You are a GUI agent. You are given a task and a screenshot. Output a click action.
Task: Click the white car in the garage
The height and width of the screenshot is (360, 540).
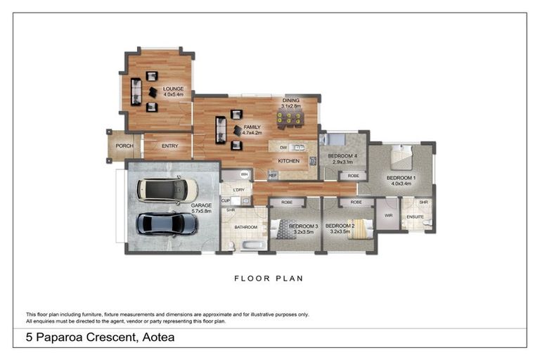pos(167,190)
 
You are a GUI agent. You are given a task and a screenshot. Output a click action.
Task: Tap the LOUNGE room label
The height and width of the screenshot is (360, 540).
pos(173,89)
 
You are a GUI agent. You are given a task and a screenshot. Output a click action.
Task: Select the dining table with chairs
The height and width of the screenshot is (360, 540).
pos(290,119)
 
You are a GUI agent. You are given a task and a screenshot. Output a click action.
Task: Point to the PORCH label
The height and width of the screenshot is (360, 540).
pos(124,146)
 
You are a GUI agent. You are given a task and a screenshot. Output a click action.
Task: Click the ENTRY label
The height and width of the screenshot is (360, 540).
pos(169,146)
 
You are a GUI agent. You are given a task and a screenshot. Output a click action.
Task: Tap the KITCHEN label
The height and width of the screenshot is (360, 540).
pos(288,161)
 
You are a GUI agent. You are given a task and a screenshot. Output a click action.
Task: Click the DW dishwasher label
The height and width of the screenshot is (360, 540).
pos(283,148)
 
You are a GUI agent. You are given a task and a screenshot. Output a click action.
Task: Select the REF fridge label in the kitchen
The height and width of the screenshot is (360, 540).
pos(273,175)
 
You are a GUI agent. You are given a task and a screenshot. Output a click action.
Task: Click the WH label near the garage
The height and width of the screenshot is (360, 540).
pos(244,174)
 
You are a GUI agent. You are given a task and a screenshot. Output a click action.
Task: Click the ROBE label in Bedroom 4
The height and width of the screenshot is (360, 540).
pos(354,176)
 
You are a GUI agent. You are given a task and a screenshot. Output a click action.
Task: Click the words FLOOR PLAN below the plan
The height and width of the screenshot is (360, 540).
pos(269,278)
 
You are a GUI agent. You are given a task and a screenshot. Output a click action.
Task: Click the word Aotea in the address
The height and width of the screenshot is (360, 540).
pos(156,337)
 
